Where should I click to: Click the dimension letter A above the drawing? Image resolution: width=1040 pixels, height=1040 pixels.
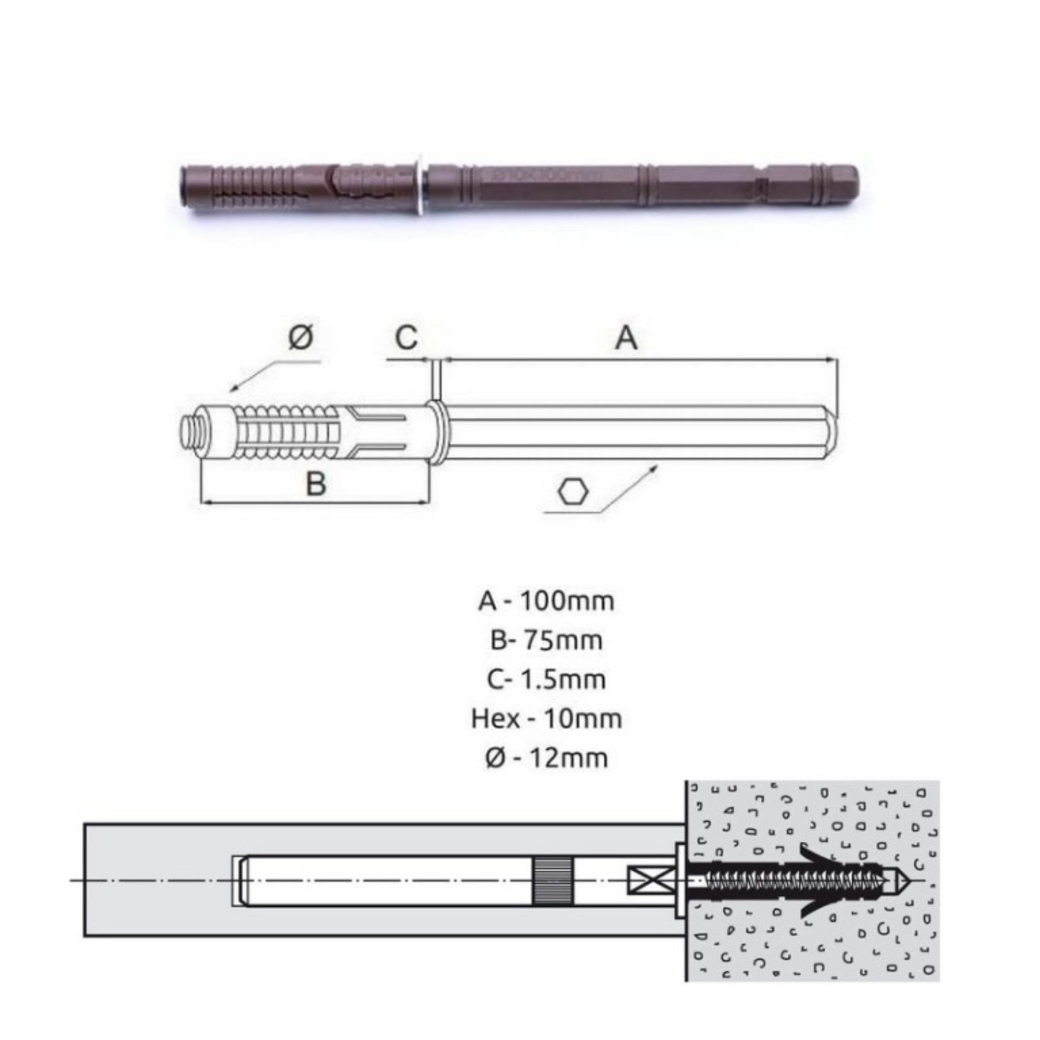pos(627,339)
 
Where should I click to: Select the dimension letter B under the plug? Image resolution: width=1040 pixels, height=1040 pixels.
pos(316,484)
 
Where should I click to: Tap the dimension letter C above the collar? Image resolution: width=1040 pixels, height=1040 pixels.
pos(407,338)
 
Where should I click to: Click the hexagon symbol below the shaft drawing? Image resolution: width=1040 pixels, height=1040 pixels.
pos(573,493)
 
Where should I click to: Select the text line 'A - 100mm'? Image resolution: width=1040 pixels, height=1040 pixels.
pos(546,602)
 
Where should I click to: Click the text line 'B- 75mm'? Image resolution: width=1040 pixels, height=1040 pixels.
pos(546,641)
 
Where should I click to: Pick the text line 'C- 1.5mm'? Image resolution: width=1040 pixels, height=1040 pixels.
pos(546,679)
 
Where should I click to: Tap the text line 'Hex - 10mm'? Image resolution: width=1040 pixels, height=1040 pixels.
pos(546,719)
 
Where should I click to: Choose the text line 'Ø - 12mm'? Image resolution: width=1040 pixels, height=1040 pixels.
pos(546,758)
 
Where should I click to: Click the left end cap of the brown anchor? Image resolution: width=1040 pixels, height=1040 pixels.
pos(184,185)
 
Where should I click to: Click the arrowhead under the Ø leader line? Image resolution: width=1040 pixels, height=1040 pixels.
pos(234,387)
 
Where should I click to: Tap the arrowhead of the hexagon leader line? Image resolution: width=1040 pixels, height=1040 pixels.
pos(654,468)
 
